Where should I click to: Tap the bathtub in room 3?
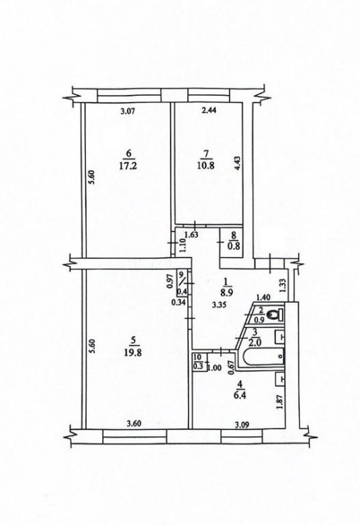[263, 358]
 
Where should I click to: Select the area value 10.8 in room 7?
[206, 165]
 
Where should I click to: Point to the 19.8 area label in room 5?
[134, 353]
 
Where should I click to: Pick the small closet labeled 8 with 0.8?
[231, 243]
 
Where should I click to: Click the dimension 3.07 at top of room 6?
[127, 112]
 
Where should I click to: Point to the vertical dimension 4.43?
[237, 164]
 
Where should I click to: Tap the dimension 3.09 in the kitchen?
[242, 426]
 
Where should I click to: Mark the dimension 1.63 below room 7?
[191, 234]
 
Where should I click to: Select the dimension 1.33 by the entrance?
[283, 286]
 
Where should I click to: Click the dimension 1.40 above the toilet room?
[263, 297]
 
